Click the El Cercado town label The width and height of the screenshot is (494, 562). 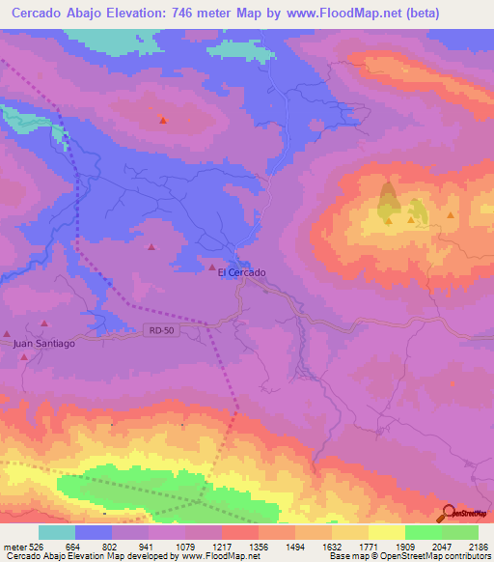(241, 272)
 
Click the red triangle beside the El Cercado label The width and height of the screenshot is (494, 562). (212, 266)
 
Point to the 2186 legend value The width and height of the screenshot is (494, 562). (478, 547)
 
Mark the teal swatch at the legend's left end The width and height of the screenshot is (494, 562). (56, 532)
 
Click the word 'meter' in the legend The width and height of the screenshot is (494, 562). (12, 547)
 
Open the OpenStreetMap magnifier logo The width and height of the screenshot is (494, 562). (450, 513)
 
